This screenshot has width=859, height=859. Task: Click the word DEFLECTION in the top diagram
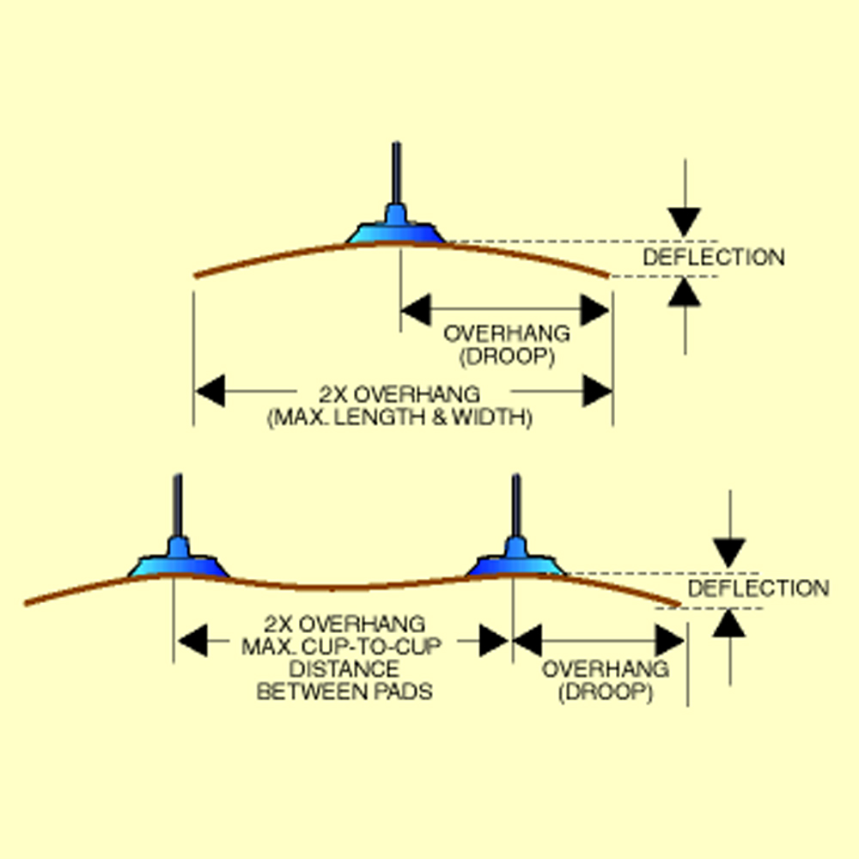point(713,257)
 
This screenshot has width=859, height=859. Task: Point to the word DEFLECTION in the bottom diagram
point(758,588)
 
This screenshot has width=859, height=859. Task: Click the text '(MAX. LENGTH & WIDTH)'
point(399,418)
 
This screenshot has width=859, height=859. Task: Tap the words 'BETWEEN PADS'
point(344,691)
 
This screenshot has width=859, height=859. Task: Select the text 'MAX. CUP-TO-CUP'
point(344,646)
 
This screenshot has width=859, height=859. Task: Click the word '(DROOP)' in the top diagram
point(506,356)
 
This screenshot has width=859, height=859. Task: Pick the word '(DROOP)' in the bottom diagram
point(605,691)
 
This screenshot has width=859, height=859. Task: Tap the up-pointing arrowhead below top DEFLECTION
point(685,293)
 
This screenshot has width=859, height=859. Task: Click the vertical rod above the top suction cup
point(395,172)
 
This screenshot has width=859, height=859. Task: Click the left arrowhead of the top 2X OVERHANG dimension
point(210,393)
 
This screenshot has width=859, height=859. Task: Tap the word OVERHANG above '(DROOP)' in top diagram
point(506,333)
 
